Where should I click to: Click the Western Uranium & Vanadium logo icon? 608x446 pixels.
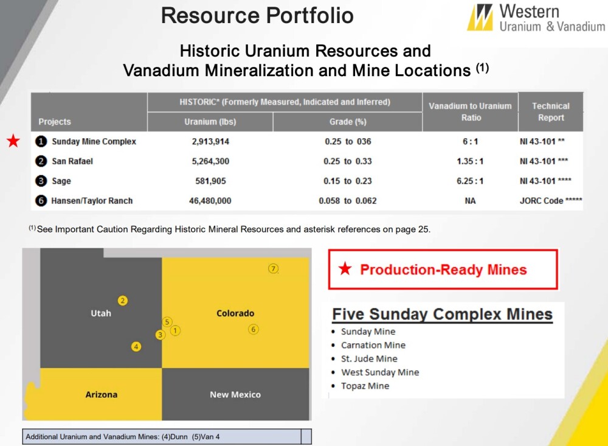coord(480,17)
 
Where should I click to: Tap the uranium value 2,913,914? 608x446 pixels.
coord(210,142)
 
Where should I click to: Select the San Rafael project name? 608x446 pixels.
coord(72,161)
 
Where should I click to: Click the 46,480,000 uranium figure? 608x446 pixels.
coord(210,201)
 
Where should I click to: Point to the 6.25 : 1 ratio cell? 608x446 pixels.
coord(470,181)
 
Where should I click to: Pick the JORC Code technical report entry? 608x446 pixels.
coord(551,201)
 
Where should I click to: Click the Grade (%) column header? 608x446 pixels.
coord(348,122)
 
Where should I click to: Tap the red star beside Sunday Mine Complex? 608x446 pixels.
coord(13,141)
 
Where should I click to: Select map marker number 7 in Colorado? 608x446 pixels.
coord(274,268)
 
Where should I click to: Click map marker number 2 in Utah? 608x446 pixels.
coord(123,301)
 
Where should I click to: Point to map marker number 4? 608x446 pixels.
coord(136,347)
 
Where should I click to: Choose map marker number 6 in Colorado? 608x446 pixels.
coord(253,330)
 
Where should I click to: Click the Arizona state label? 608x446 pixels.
coord(101,394)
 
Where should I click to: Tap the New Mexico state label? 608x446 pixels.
coord(235,394)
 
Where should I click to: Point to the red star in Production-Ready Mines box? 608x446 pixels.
coord(345,268)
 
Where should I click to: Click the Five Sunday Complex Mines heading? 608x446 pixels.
coord(443,314)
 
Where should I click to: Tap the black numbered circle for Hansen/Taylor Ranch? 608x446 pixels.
coord(41,201)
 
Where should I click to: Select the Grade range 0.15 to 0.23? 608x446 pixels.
coord(348,181)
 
